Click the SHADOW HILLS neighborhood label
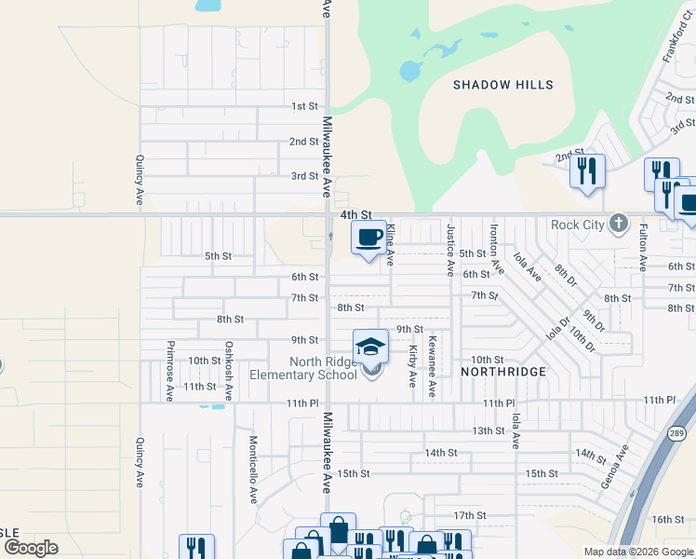pos(502,85)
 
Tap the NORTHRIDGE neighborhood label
pos(503,371)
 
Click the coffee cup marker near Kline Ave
pos(369,238)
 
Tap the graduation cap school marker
pos(369,347)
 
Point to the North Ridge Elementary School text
pos(303,369)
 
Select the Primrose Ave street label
pos(169,371)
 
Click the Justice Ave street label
pos(450,250)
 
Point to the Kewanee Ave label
pos(431,367)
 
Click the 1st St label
pos(304,107)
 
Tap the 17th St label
pos(470,515)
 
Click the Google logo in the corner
pos(31,548)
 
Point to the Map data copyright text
pos(638,552)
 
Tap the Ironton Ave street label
pos(497,250)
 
